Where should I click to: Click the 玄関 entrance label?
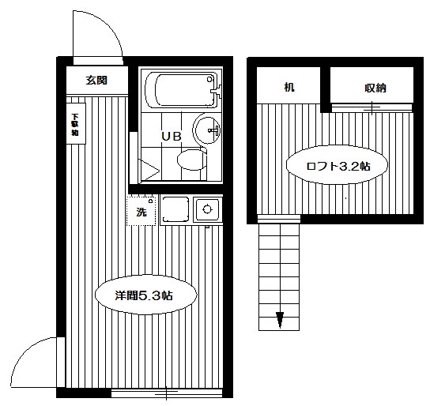pos(96,81)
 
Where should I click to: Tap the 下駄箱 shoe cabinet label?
pos(74,122)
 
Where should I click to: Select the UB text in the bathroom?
pos(172,136)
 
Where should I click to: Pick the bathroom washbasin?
pos(207,130)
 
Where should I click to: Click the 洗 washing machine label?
pos(141,212)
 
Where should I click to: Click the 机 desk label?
pos(289,87)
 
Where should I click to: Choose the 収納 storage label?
pos(375,87)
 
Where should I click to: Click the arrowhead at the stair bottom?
pos(280,320)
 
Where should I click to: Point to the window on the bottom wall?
pos(168,391)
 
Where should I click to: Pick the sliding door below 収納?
pos(372,106)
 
